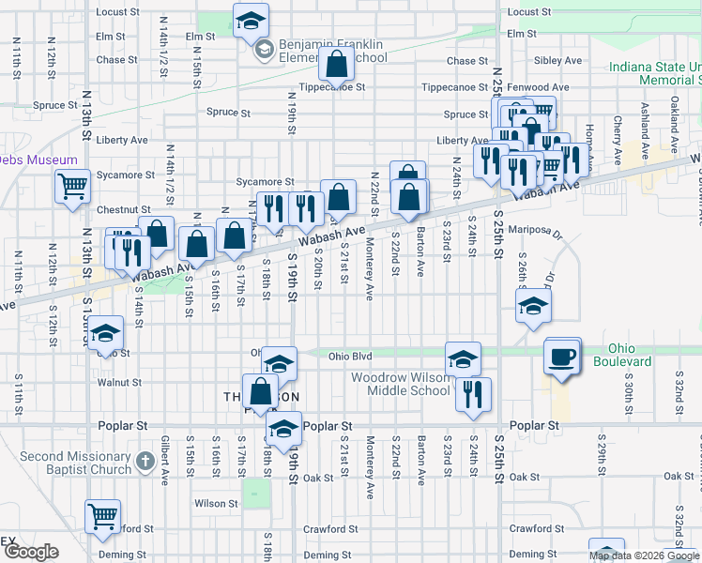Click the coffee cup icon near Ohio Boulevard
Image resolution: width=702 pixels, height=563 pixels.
[x=562, y=358]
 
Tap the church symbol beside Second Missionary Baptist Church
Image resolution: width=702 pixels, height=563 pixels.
[x=144, y=461]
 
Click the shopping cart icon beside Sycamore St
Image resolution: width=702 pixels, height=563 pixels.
[x=72, y=186]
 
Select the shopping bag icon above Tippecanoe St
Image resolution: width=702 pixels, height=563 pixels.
[x=336, y=64]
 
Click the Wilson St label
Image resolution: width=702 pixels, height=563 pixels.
[x=216, y=504]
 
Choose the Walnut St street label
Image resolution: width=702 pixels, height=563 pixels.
[x=118, y=383]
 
